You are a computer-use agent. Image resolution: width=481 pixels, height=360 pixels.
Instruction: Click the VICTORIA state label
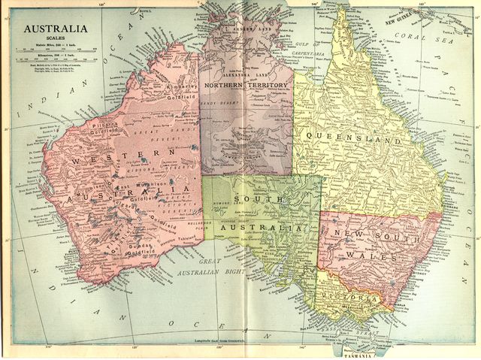click(349, 298)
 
